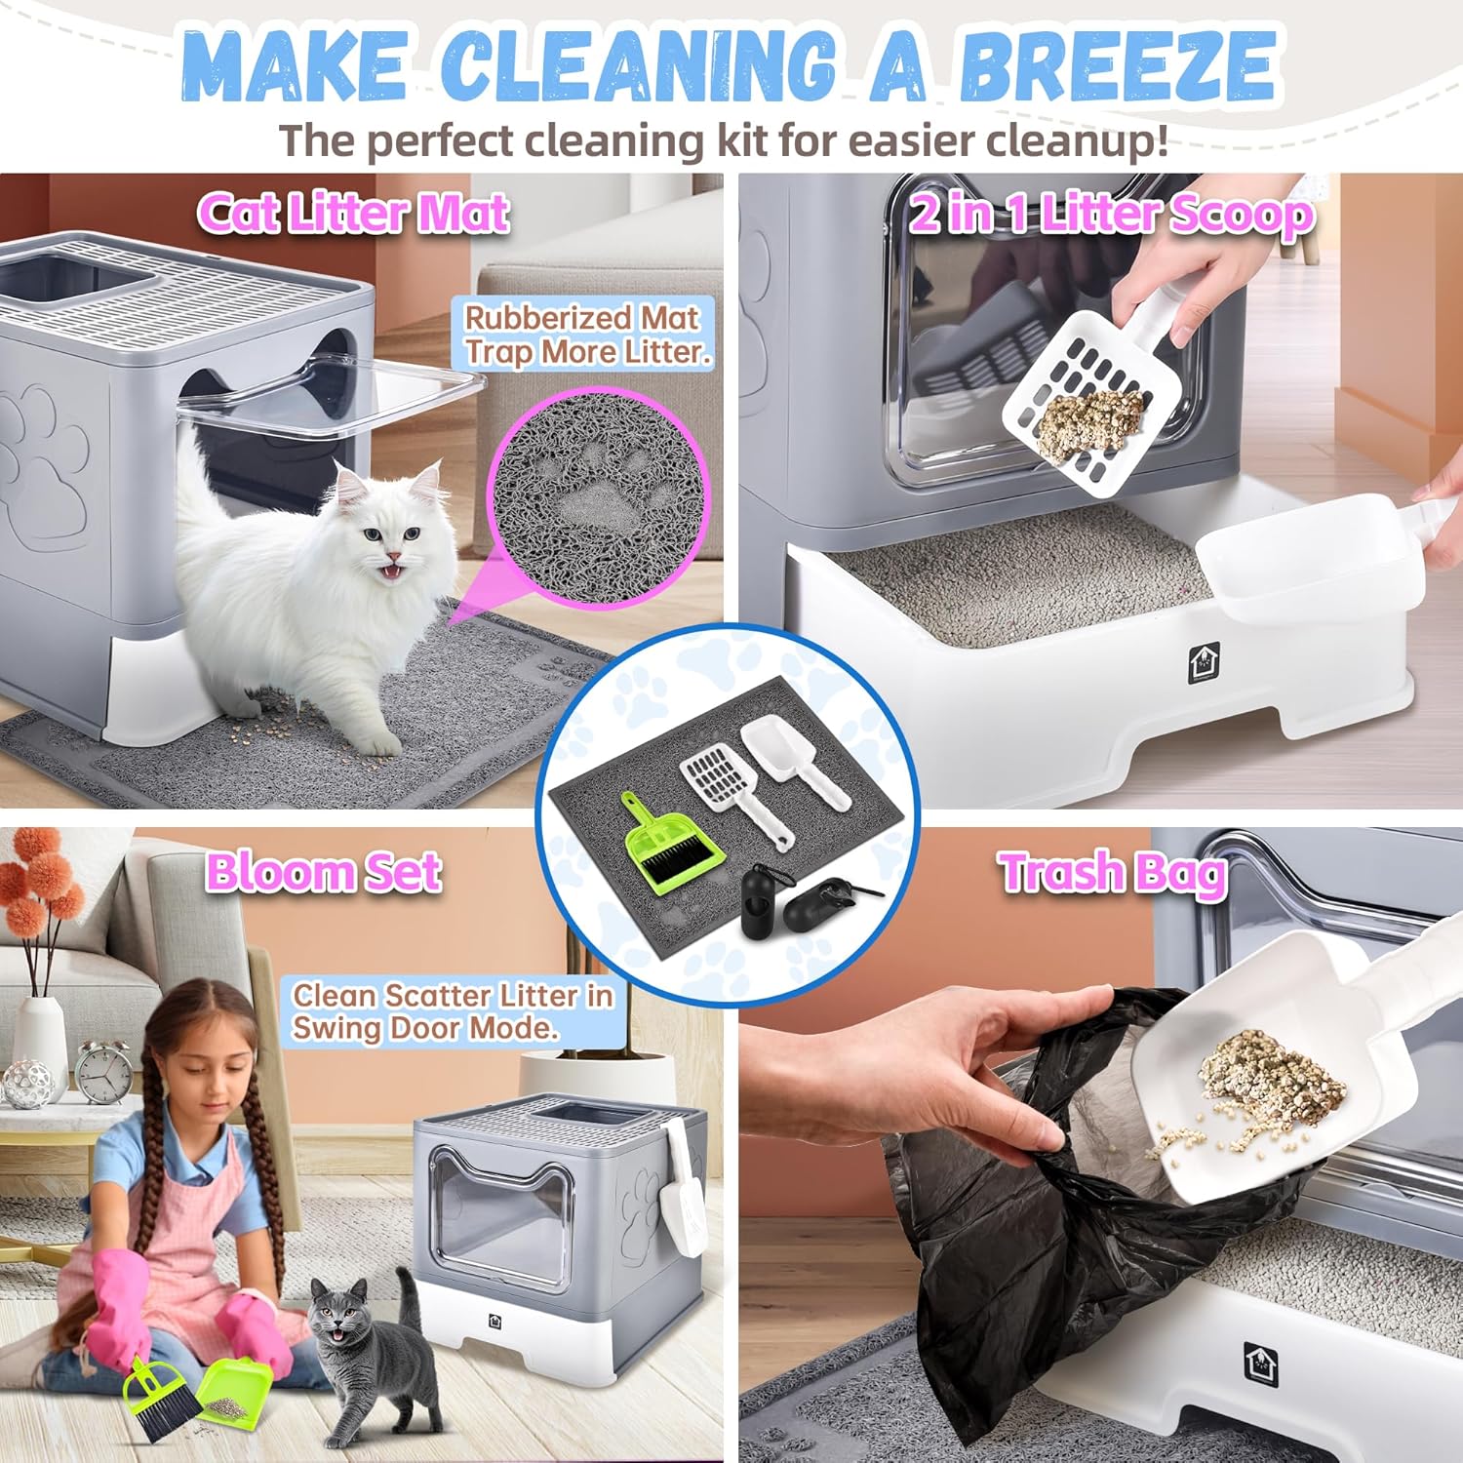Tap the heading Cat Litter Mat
[x=353, y=213]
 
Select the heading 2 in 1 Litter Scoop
[x=1112, y=215]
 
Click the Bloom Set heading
[x=323, y=872]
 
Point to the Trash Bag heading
[x=1113, y=872]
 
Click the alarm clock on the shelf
[x=103, y=1073]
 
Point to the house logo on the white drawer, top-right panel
[x=1202, y=664]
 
